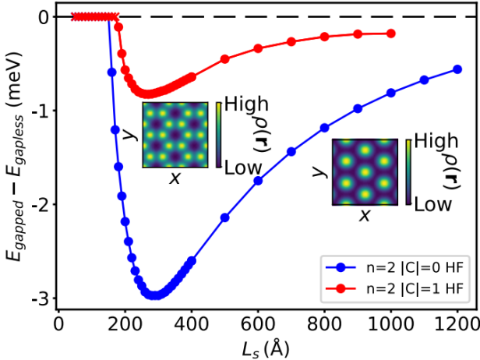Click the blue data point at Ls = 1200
457,69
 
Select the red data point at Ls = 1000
391,34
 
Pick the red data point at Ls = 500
224,59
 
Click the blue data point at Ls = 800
324,128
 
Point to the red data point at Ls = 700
291,41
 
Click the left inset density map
175,134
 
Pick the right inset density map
365,171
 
